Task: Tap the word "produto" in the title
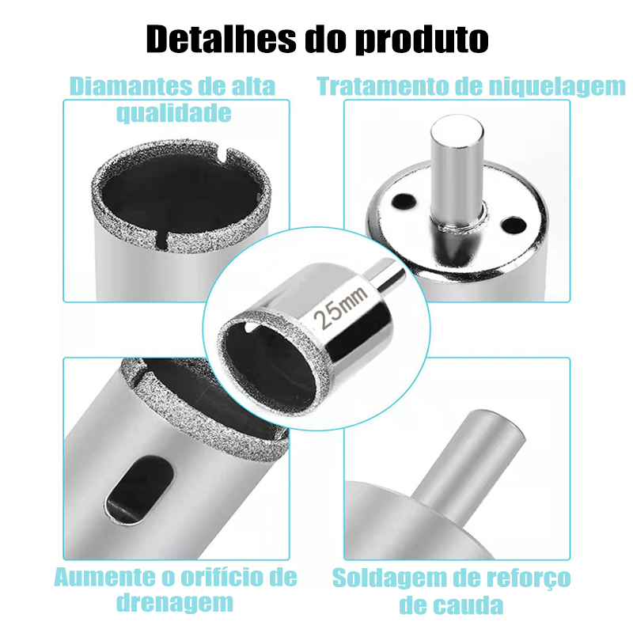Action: pos(423,40)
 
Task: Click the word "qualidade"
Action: pos(174,113)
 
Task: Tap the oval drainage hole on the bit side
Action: pos(140,490)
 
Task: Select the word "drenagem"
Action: pos(175,603)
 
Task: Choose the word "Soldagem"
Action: pos(389,578)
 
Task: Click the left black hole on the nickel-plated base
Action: pos(403,201)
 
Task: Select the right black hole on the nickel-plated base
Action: pos(512,225)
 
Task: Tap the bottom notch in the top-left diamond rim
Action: pos(161,240)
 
